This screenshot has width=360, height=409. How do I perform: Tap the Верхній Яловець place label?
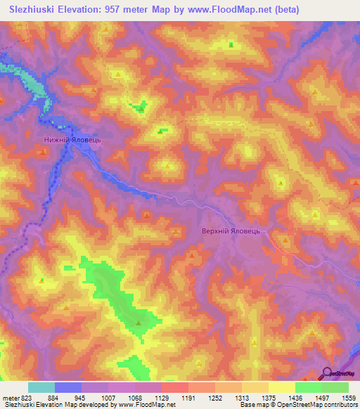tap(231, 231)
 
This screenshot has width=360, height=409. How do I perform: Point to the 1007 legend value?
tap(108, 398)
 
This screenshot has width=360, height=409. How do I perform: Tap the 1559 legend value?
tap(347, 398)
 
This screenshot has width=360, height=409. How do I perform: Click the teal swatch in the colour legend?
tap(41, 387)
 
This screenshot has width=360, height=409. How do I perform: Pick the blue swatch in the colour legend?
tap(68, 387)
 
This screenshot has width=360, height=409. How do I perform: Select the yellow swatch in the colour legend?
tap(281, 387)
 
